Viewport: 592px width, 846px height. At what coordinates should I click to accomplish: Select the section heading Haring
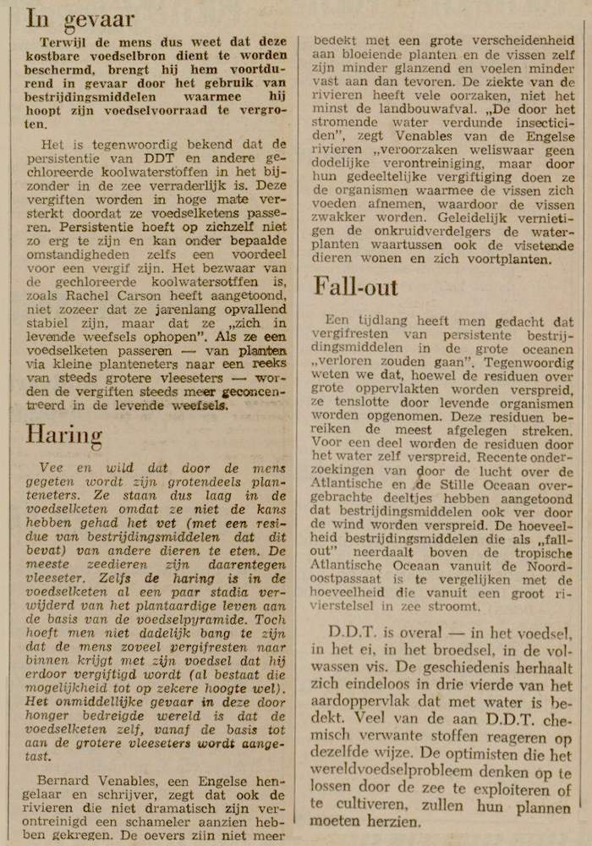[63, 434]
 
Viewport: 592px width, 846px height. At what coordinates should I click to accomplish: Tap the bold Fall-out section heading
[355, 286]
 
